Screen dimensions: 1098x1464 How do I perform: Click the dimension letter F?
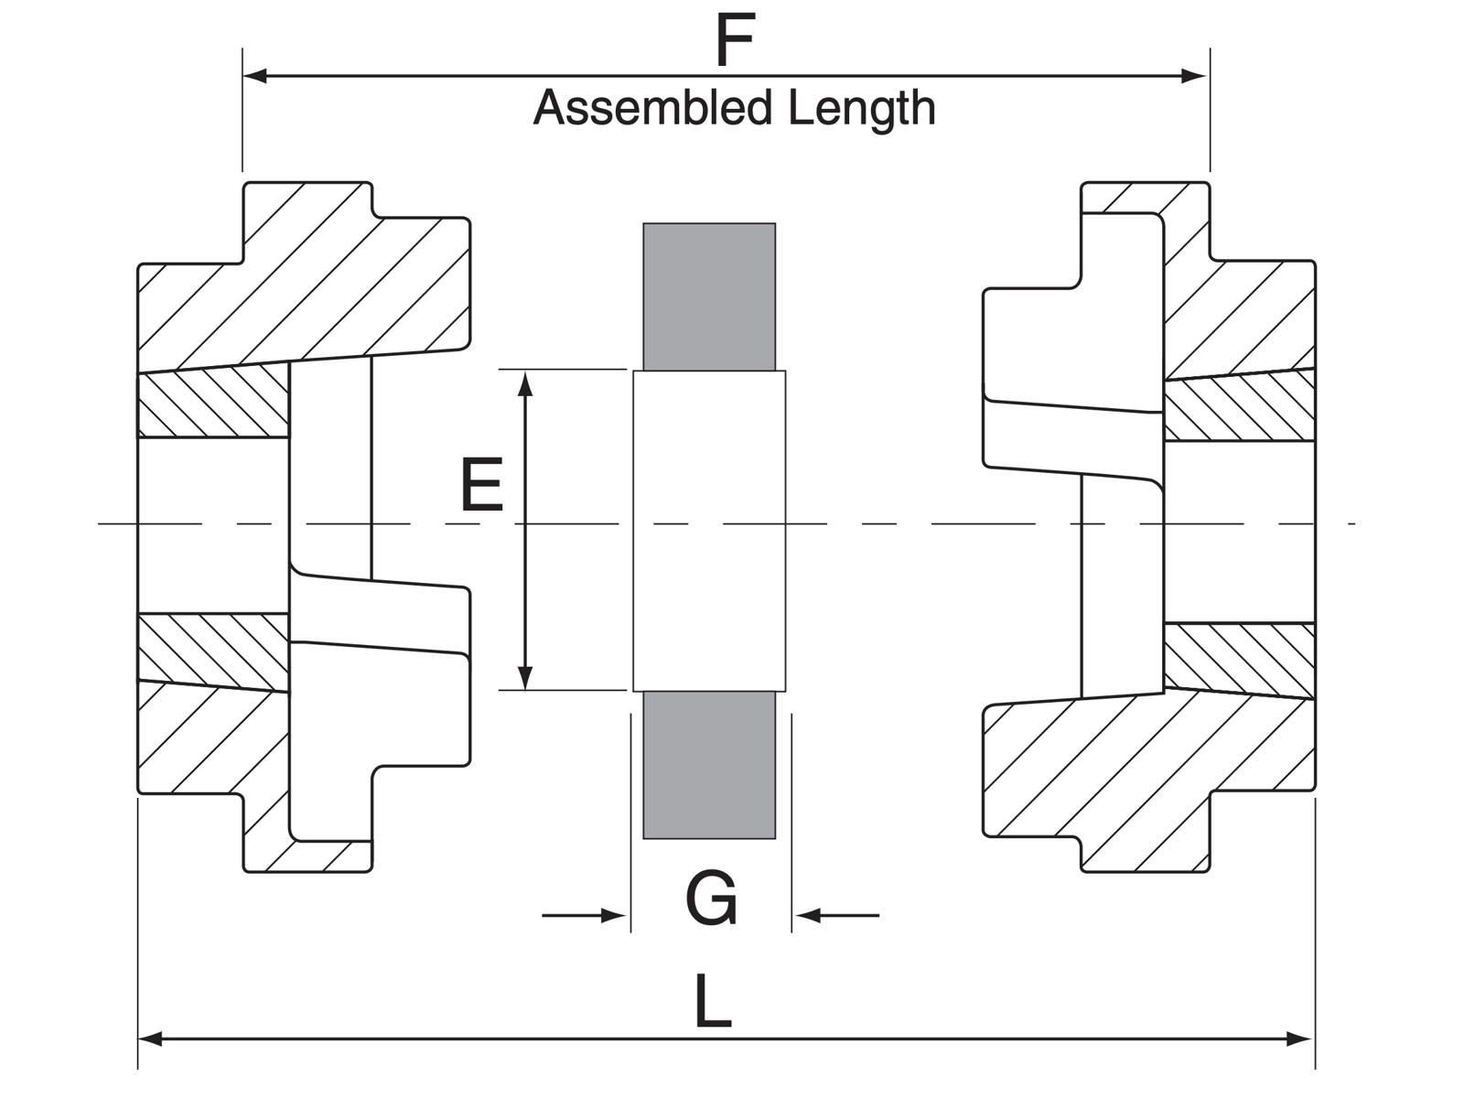tap(735, 41)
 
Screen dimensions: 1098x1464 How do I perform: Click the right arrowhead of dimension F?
tap(1195, 76)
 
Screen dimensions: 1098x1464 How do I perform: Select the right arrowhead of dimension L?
tap(1300, 1039)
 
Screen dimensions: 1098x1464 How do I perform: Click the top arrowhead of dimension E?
tap(525, 383)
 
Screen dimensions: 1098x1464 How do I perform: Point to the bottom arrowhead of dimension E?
tap(525, 677)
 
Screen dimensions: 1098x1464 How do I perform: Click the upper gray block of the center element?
tap(709, 296)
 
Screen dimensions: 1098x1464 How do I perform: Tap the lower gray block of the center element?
tap(709, 765)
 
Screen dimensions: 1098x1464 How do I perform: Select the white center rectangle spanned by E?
tap(709, 531)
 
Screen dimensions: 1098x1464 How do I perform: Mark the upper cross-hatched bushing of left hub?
tap(212, 403)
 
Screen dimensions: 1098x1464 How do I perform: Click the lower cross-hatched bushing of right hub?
tap(1240, 659)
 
